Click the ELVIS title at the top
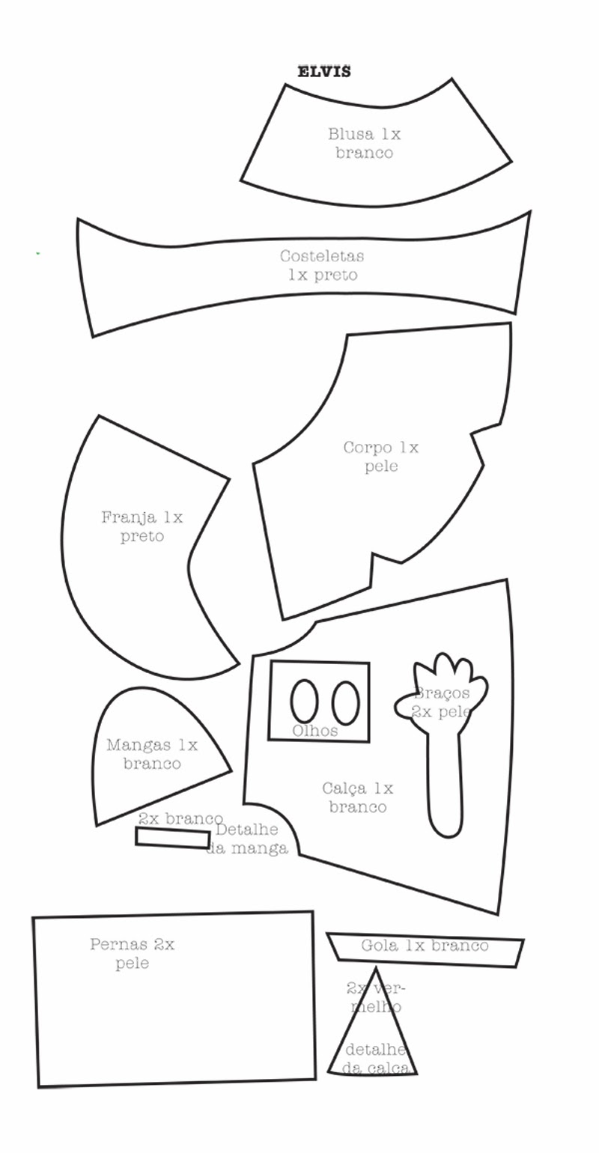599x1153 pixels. coord(323,72)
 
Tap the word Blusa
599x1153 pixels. coord(350,135)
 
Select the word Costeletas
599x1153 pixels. coord(322,256)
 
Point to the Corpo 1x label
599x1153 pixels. coord(380,448)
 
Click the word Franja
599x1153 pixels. coord(129,517)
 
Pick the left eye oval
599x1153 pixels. coord(304,702)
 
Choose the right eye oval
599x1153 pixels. coord(345,702)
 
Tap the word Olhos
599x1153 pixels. coord(314,731)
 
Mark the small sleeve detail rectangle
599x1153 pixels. coord(172,838)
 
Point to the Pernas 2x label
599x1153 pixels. coord(132,945)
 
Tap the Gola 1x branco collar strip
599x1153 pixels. coord(425,947)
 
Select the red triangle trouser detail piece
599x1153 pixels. coord(373,1041)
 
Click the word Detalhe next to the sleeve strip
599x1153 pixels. coord(246,830)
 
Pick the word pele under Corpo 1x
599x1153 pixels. coord(381,466)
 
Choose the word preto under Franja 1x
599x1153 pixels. coord(142,537)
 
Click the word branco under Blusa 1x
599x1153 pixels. coord(364,153)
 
